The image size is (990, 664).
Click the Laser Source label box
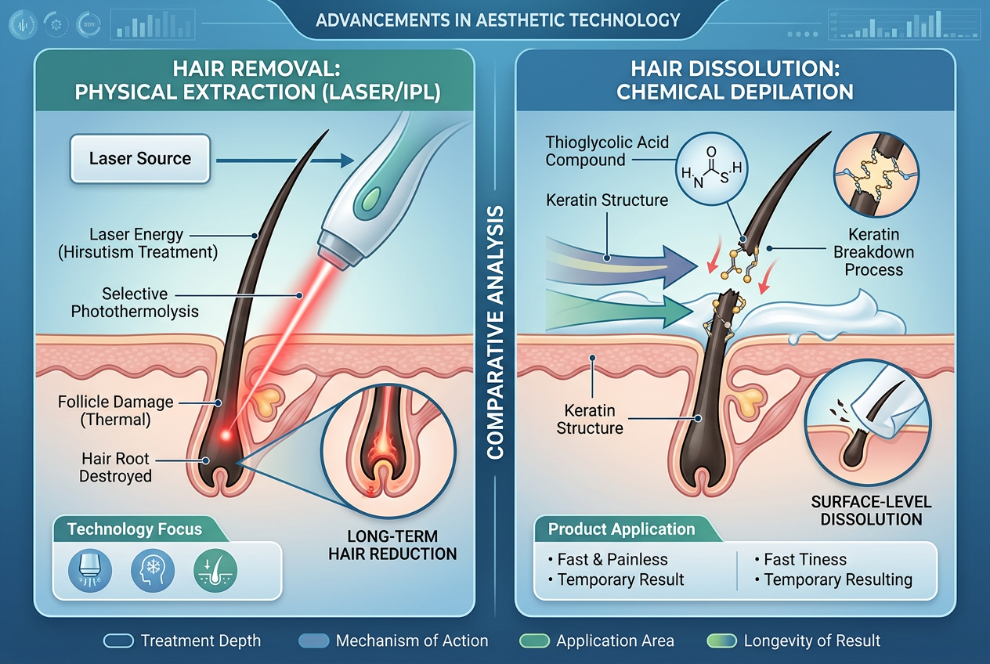140,159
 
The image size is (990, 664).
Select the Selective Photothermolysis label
135,302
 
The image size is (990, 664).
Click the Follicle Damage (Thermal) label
115,410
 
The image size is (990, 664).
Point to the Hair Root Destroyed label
115,467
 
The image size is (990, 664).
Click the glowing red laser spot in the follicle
226,435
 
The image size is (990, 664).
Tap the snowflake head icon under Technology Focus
153,570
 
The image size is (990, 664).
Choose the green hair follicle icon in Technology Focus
215,570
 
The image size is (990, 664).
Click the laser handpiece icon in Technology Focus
90,570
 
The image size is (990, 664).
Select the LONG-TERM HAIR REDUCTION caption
392,545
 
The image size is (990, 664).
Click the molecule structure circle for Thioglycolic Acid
711,171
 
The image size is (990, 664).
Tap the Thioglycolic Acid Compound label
607,151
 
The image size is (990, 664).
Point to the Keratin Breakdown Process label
874,252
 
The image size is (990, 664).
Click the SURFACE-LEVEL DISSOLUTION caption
871,511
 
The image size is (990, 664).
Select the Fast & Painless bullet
608,559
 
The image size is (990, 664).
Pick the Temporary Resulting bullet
833,579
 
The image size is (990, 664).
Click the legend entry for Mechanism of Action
393,641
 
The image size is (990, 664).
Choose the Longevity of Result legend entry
793,641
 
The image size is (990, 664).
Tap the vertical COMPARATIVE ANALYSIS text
495,332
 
